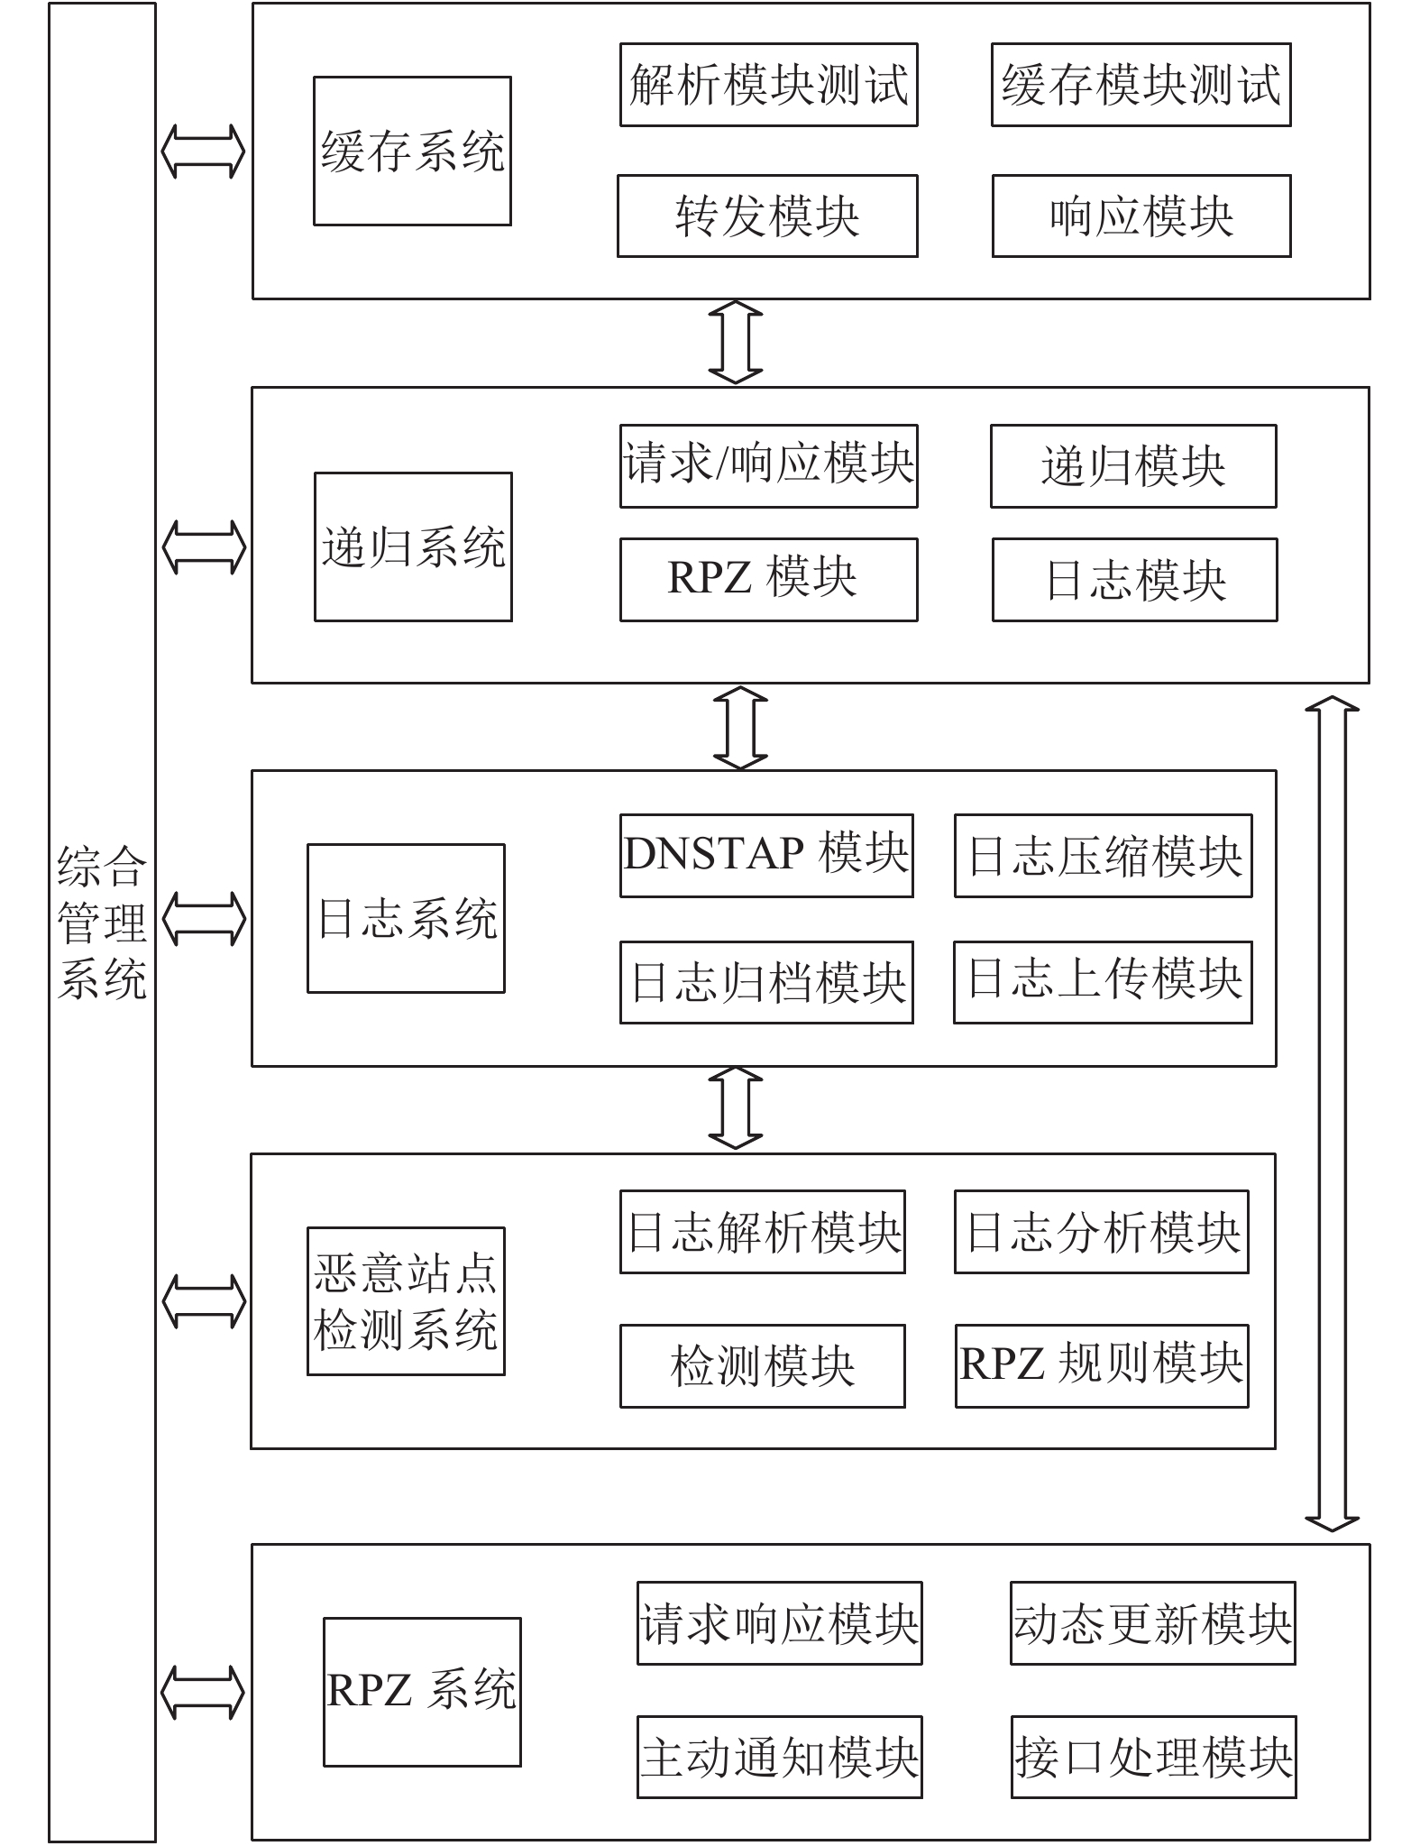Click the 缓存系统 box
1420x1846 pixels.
tap(412, 151)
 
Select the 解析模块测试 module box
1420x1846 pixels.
tap(768, 85)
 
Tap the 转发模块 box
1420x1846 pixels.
tap(767, 216)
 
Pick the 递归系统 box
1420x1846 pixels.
tap(413, 546)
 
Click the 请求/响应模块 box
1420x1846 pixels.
tap(768, 466)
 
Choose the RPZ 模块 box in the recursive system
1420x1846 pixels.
tap(768, 580)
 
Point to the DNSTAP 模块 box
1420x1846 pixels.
tap(766, 856)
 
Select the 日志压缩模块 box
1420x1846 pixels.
tap(1104, 856)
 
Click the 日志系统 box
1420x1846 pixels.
tap(406, 918)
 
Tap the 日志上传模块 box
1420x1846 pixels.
tap(1103, 982)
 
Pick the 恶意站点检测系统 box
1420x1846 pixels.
tap(406, 1301)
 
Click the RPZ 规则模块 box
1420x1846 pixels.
tap(1102, 1366)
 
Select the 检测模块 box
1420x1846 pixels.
tap(762, 1366)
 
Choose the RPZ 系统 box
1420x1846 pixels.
tap(422, 1692)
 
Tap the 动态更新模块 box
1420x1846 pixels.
tap(1152, 1623)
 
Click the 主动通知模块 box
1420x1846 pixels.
tap(779, 1757)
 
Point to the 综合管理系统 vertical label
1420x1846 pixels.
tap(102, 923)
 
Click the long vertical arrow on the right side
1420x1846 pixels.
tap(1332, 1114)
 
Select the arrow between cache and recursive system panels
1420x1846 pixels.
tap(736, 343)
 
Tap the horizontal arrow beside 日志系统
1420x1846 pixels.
tap(204, 918)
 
